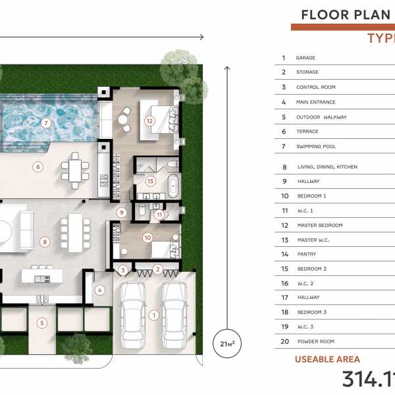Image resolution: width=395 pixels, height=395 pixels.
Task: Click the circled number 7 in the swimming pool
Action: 46,123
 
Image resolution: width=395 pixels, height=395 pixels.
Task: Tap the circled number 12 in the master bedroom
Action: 149,121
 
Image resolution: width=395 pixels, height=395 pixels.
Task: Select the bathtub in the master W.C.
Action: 173,186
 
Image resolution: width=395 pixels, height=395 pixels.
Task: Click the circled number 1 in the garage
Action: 154,315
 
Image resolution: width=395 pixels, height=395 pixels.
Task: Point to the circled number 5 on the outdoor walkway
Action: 42,323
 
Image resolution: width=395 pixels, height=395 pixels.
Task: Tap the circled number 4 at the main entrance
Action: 100,290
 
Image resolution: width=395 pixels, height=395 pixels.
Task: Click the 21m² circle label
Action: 227,344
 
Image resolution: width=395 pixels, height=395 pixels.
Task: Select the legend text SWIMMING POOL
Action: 316,146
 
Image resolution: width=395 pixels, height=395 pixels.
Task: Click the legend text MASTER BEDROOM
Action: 320,225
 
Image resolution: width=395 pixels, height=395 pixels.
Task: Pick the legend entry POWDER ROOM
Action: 315,341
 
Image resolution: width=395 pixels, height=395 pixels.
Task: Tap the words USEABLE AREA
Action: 327,359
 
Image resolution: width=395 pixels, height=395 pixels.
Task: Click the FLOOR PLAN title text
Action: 346,15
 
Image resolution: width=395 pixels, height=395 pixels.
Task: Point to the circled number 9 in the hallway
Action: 122,213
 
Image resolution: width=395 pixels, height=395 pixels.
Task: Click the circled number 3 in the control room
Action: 123,271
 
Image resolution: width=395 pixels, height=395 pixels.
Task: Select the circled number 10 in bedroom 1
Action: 147,238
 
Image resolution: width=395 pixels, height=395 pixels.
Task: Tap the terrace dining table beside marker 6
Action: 75,171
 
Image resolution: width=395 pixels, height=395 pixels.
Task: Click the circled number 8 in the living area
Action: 45,242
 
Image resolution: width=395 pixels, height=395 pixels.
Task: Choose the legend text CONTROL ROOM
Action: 315,87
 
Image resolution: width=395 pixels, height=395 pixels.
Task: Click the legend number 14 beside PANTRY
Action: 284,254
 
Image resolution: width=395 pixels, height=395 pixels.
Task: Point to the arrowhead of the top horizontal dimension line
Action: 202,38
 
